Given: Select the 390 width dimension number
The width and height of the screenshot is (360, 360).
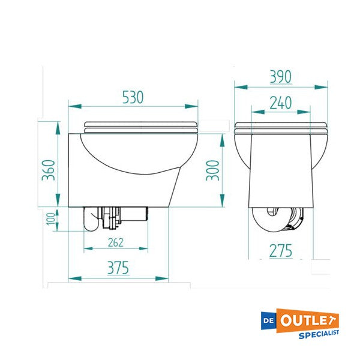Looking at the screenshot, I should tap(280, 77).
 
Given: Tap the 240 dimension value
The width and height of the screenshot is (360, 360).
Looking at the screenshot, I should tap(280, 103).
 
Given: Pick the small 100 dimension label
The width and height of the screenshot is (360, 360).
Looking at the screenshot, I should tap(50, 220).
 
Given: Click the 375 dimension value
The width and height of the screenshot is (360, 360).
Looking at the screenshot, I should tap(118, 268).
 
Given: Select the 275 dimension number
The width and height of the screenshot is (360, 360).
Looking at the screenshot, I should tap(280, 250).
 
